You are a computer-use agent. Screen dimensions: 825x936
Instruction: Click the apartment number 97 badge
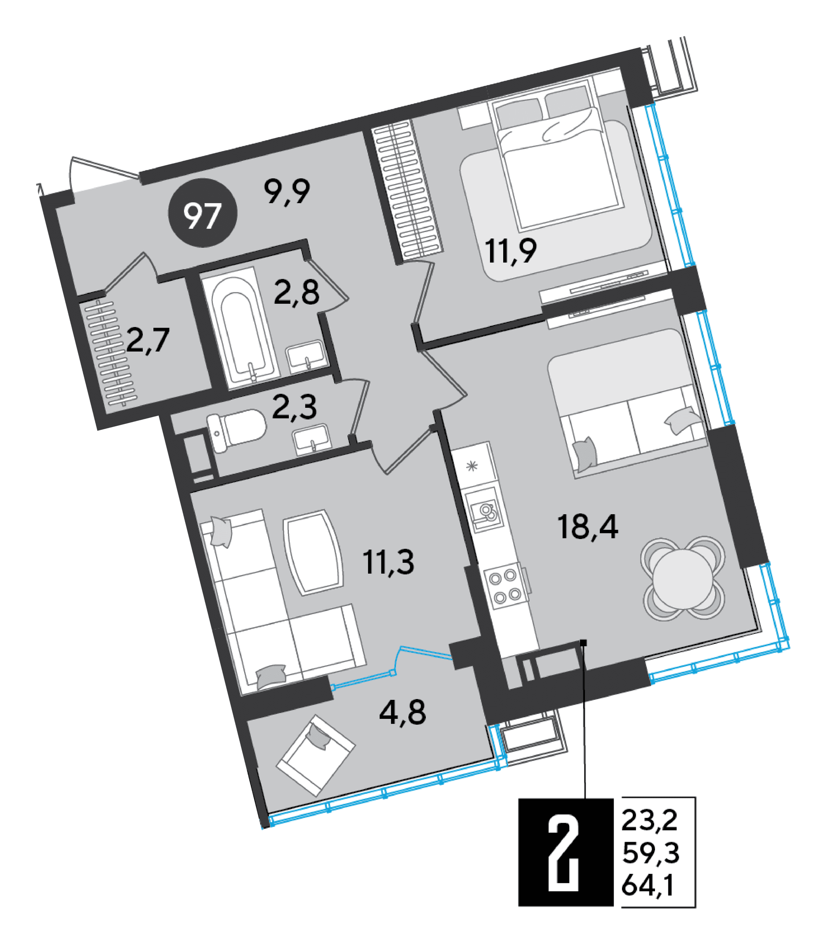tap(203, 213)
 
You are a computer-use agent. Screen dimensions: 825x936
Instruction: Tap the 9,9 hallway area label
tap(288, 192)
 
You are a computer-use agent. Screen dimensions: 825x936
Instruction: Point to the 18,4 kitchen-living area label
tap(587, 527)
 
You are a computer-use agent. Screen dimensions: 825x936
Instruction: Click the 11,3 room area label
tap(388, 562)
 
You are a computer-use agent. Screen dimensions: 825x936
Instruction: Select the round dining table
tap(683, 579)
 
